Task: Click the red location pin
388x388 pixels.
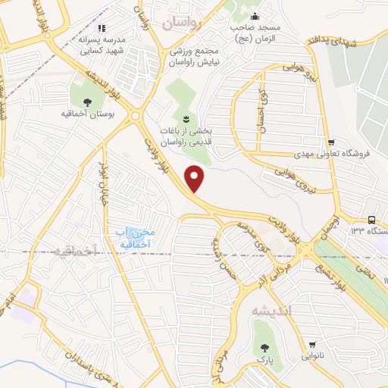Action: click(196, 178)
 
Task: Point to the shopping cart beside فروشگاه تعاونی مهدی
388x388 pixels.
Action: click(330, 142)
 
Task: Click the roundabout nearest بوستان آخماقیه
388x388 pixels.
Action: click(136, 117)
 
